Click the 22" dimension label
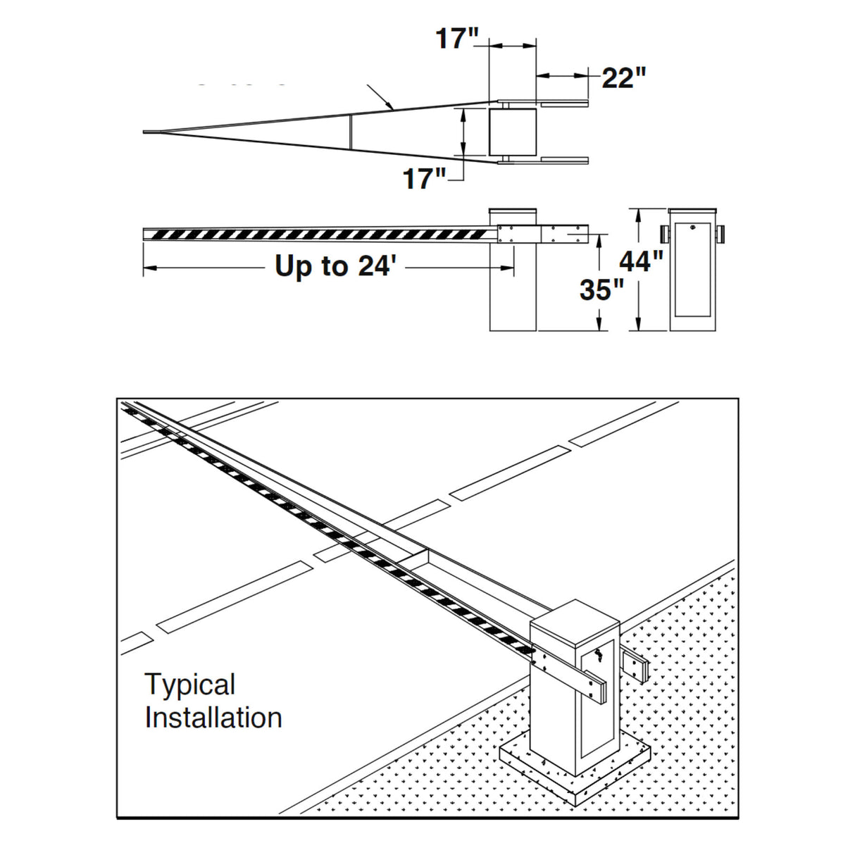[623, 77]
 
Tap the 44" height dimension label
[641, 262]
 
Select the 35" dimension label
[601, 289]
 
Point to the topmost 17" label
[457, 38]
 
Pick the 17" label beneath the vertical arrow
[425, 179]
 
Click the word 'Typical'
[190, 685]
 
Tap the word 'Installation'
[213, 718]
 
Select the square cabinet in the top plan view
[513, 132]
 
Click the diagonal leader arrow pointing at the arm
[380, 99]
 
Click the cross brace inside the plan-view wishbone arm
[350, 132]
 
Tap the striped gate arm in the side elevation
[317, 234]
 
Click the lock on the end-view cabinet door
[693, 228]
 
